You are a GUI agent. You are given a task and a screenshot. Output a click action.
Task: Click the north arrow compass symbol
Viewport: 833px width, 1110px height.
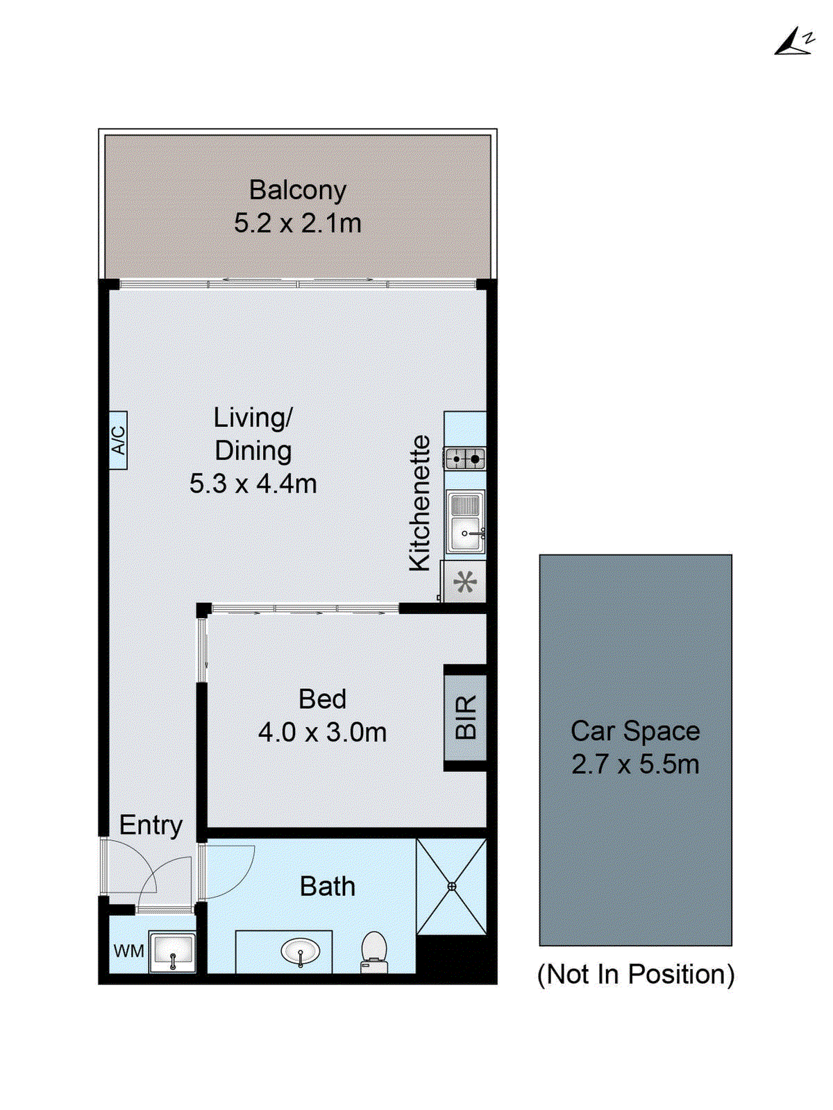point(794,42)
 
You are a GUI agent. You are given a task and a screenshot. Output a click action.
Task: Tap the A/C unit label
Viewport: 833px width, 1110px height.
point(118,440)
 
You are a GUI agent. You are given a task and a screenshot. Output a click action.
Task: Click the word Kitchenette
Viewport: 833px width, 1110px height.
point(420,503)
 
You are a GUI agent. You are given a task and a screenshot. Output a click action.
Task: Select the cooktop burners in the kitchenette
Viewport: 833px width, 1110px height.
point(465,458)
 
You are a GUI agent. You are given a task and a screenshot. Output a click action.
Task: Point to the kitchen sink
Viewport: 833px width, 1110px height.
point(464,524)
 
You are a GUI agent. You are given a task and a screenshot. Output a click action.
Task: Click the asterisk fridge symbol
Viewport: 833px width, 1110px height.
point(465,581)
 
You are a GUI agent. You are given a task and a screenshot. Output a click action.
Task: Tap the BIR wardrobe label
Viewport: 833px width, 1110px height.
point(466,717)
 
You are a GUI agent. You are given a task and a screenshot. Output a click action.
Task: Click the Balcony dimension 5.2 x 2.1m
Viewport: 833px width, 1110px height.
point(297,223)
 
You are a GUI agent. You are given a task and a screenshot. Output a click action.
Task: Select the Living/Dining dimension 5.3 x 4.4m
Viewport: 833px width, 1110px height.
point(253,484)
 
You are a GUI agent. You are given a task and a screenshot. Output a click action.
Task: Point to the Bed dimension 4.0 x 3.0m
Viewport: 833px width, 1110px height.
point(322,733)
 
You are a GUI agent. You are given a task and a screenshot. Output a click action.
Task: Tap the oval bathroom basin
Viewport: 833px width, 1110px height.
point(300,951)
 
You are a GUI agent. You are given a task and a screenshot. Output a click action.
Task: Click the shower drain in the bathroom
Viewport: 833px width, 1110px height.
point(452,886)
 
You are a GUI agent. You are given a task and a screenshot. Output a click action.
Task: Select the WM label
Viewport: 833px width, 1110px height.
point(128,951)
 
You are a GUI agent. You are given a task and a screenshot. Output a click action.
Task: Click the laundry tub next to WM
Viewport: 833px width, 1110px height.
point(173,953)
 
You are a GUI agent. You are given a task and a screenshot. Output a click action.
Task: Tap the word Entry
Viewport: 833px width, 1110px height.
point(151,825)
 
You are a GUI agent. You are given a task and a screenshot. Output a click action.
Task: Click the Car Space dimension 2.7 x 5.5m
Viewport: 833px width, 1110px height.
point(635,765)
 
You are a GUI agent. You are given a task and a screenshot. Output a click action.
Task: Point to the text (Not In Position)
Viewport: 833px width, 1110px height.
point(636,975)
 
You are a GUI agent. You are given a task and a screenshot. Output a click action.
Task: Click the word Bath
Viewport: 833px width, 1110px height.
point(327,887)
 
